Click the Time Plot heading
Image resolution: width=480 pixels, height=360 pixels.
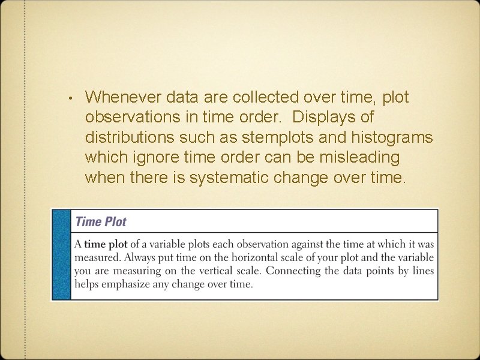tap(101, 221)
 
